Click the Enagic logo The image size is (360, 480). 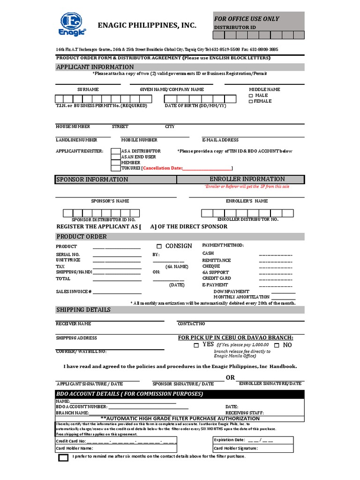tap(72, 24)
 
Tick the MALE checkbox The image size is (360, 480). tap(251, 96)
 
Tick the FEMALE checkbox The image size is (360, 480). tap(251, 101)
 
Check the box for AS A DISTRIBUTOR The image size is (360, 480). tap(115, 151)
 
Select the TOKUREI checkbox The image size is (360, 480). tap(115, 168)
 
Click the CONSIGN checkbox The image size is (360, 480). tap(159, 246)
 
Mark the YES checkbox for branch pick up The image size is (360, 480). tap(196, 345)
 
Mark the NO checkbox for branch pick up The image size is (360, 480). tap(277, 345)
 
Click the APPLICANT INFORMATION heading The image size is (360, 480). tap(95, 67)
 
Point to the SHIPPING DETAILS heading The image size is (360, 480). tap(83, 310)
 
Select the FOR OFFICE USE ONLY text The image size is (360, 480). tap(247, 19)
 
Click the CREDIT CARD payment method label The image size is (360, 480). tap(217, 278)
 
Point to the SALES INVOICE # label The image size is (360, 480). tap(74, 292)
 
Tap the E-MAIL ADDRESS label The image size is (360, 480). tap(220, 140)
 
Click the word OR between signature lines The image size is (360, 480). tap(230, 378)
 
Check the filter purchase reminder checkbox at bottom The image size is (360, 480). tap(63, 457)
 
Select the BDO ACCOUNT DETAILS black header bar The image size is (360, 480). tap(180, 394)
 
